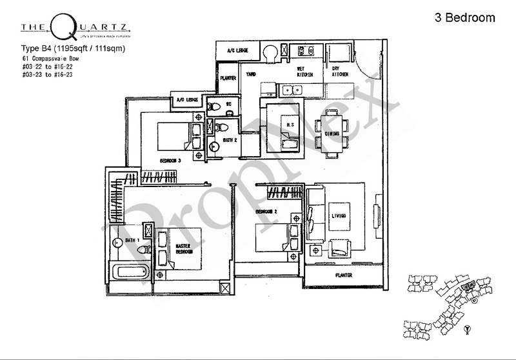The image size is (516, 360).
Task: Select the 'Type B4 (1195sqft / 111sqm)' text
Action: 64,46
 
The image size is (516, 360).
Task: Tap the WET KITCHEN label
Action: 305,72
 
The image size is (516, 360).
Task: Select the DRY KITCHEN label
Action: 340,72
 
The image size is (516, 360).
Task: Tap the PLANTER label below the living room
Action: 342,275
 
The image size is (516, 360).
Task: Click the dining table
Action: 333,134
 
